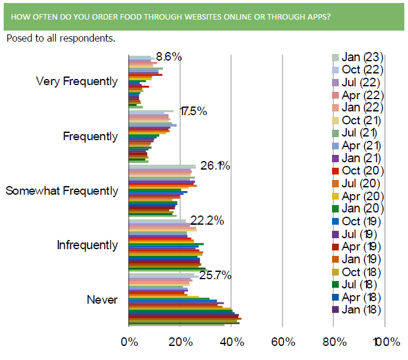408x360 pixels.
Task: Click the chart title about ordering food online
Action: coord(171,17)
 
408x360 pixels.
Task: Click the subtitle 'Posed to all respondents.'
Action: coord(60,39)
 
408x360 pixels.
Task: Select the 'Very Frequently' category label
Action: coord(77,81)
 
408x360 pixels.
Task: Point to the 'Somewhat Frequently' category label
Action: coord(62,191)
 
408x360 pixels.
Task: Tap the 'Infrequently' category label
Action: coord(87,246)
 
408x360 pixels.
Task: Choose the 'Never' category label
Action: coord(102,300)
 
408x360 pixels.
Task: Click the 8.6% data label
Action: coord(169,57)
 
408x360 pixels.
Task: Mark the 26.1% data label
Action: coord(214,166)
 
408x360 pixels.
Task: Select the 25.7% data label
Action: coord(214,276)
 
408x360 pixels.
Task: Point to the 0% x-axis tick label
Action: coord(129,340)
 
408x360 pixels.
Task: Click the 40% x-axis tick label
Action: coord(231,340)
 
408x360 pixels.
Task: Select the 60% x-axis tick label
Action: coord(282,340)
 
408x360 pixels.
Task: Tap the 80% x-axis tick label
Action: coord(333,340)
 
